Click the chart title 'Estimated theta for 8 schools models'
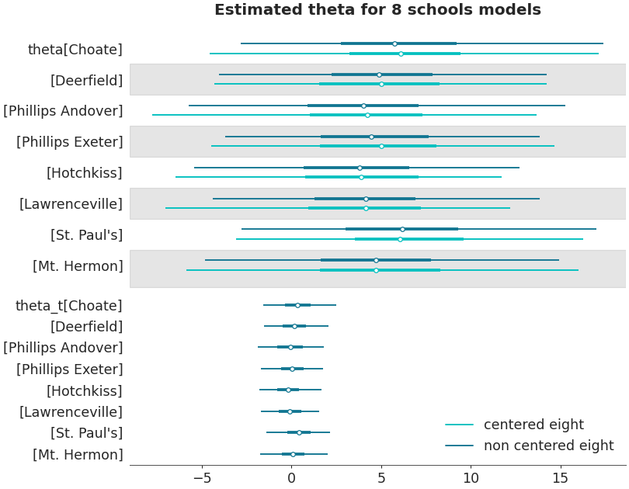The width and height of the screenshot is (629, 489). pos(377,10)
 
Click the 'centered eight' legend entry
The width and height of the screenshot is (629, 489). pos(533,425)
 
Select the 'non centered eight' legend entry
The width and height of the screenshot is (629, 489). pos(548,446)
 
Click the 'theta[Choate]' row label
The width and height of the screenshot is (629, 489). pos(75,50)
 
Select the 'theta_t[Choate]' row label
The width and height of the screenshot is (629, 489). pos(68,306)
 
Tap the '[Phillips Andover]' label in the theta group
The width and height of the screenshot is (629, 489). pos(63,111)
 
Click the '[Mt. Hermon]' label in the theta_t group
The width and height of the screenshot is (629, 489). pos(78,455)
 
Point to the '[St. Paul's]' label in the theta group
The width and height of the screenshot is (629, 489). pos(86,235)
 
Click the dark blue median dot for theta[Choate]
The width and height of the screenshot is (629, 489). pos(394,43)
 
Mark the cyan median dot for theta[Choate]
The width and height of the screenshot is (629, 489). pos(401,54)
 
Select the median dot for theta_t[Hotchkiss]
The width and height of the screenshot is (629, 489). pos(288,390)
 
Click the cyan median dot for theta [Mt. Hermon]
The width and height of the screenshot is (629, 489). pos(376,270)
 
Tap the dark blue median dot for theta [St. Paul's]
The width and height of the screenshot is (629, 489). pos(402,229)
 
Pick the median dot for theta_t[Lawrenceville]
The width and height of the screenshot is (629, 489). pos(290,411)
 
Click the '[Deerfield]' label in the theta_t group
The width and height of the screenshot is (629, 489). pos(86,327)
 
